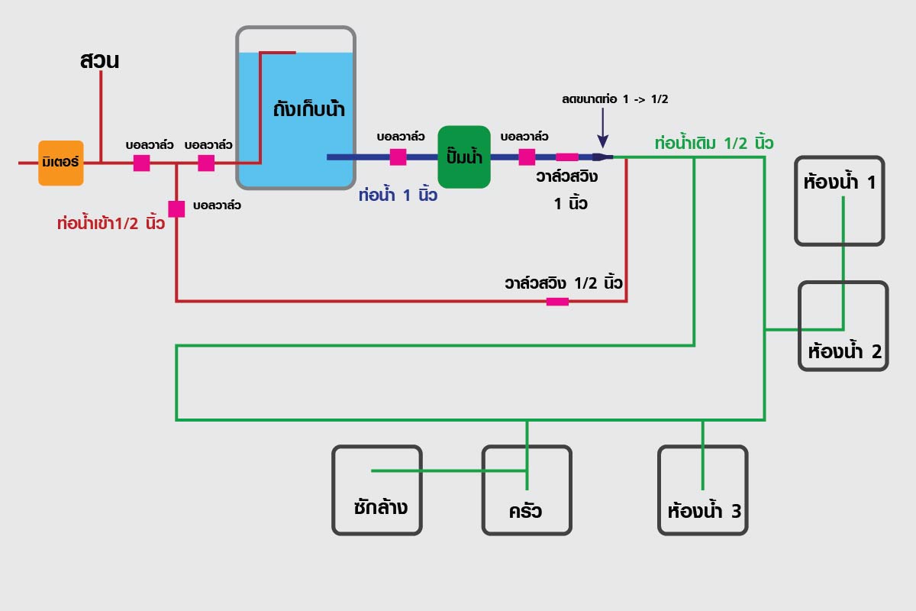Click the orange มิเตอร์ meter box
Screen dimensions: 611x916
[61, 163]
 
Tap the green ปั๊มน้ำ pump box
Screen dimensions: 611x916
[464, 157]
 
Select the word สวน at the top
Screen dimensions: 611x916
[99, 61]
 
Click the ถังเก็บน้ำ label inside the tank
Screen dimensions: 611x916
[309, 109]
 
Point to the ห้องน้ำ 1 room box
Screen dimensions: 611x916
[840, 201]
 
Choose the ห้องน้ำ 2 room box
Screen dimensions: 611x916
[843, 326]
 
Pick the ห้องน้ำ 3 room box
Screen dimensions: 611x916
[703, 490]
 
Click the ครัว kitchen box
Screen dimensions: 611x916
[527, 490]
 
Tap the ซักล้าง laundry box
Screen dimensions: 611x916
[377, 490]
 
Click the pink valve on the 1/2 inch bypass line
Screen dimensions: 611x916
[557, 302]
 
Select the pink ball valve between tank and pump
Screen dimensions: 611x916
[398, 157]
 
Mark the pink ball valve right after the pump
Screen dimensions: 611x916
[527, 157]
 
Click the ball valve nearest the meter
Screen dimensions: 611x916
[142, 163]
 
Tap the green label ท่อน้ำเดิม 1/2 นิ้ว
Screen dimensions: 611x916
[714, 143]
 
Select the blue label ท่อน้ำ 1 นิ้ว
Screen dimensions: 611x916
[398, 196]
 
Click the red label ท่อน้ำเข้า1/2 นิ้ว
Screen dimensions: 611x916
[111, 224]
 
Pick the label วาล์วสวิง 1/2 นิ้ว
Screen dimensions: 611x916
[563, 282]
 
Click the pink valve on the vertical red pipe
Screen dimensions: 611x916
[176, 209]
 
